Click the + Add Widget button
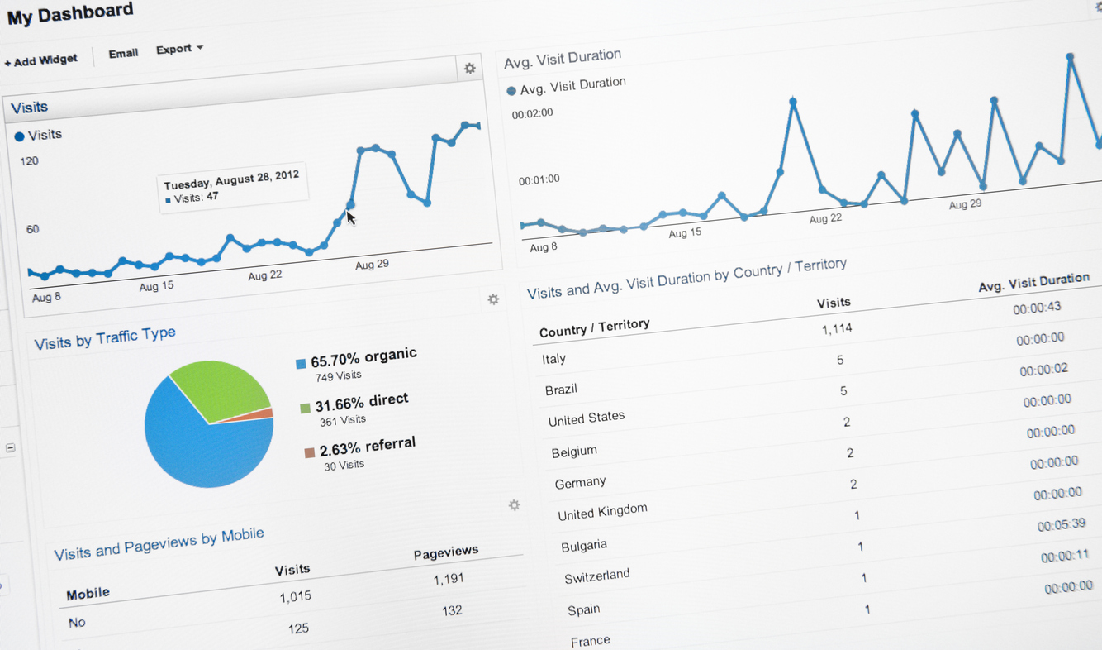(41, 60)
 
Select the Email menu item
(123, 54)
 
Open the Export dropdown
(178, 49)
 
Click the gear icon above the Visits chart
(469, 69)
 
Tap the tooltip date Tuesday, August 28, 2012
(231, 179)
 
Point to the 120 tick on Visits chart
(30, 160)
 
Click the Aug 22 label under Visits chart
(264, 275)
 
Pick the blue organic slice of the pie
(198, 451)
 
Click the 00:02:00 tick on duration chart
(533, 113)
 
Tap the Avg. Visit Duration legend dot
(511, 90)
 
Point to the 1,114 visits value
(836, 329)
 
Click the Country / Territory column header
(594, 328)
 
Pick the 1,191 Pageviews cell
(449, 579)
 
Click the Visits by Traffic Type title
(105, 338)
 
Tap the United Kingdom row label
(602, 512)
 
